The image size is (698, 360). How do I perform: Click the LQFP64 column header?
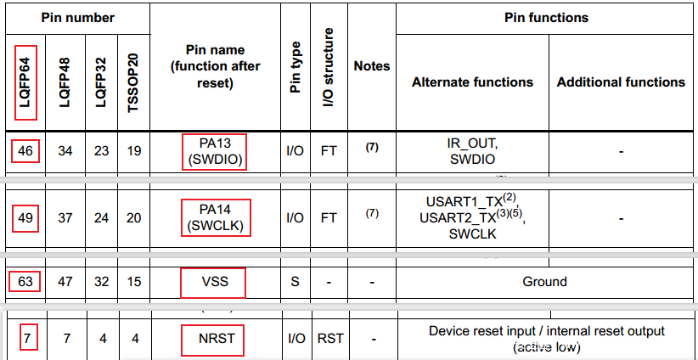[26, 82]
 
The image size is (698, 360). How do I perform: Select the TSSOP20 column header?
[134, 82]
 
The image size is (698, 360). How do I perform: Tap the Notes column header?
[371, 65]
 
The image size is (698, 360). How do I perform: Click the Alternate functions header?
[472, 82]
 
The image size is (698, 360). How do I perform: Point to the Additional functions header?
[621, 82]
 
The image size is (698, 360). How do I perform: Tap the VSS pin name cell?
[214, 281]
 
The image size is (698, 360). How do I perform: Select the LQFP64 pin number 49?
[26, 218]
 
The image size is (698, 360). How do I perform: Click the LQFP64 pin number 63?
[26, 281]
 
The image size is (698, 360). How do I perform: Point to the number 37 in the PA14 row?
[65, 218]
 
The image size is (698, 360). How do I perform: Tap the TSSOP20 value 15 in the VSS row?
[134, 281]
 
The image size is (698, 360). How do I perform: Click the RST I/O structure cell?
[329, 338]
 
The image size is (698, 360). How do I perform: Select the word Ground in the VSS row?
[545, 281]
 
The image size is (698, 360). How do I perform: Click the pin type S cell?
[295, 281]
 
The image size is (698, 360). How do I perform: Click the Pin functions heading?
[545, 17]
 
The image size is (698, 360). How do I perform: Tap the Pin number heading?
[78, 17]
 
